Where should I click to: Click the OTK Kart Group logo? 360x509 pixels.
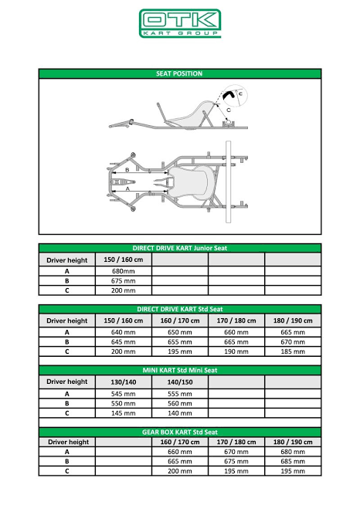[x=180, y=23]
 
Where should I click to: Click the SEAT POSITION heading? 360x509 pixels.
[x=179, y=73]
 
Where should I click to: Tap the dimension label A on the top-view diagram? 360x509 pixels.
[x=127, y=188]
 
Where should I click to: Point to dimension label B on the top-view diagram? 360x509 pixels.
[x=127, y=170]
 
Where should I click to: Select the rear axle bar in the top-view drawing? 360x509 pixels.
[x=228, y=182]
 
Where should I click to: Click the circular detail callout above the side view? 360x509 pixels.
[x=234, y=96]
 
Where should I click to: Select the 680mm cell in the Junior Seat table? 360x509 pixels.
[x=124, y=271]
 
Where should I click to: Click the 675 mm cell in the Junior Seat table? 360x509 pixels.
[x=124, y=281]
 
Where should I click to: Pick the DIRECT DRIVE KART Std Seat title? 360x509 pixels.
[x=180, y=309]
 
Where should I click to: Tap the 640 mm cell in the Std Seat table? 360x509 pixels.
[x=124, y=332]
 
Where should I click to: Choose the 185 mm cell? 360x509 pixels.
[x=293, y=351]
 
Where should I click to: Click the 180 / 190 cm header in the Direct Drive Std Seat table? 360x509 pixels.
[x=293, y=321]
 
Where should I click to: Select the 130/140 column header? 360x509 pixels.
[x=124, y=382]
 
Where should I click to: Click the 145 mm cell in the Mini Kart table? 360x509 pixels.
[x=124, y=413]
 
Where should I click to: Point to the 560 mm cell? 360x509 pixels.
[x=180, y=403]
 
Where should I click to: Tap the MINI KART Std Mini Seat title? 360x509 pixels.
[x=180, y=371]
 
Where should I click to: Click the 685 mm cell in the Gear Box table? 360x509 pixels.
[x=293, y=461]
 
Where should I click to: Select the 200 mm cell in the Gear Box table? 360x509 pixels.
[x=180, y=471]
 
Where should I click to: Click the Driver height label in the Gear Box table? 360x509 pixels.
[x=69, y=442]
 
